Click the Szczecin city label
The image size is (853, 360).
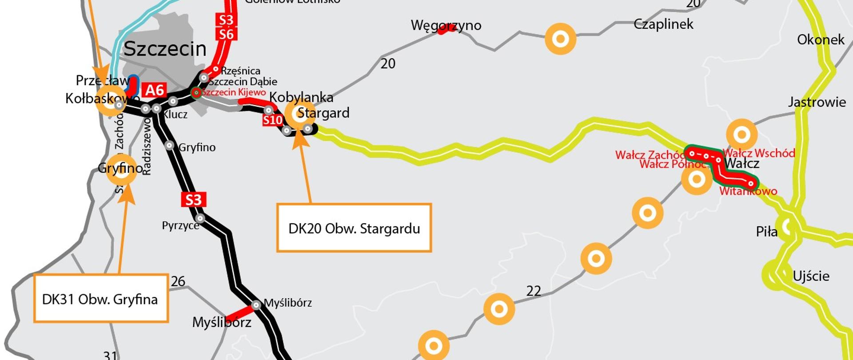165,48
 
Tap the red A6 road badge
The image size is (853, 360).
155,90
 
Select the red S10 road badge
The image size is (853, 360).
272,120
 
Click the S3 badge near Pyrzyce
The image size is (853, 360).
194,200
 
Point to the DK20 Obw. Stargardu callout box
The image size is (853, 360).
354,228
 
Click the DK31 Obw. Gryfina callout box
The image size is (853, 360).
101,299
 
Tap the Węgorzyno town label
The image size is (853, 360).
446,25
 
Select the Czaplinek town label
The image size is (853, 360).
663,24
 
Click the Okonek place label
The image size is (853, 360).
821,40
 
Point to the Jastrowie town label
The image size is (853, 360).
817,102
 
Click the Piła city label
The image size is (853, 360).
766,232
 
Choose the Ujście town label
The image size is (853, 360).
811,276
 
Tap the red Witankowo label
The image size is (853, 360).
748,192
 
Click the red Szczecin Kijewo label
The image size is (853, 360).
234,92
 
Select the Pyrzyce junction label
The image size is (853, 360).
180,225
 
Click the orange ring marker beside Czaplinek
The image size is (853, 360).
560,39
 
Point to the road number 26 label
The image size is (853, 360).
178,281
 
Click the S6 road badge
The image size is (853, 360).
226,34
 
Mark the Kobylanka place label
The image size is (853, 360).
301,97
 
